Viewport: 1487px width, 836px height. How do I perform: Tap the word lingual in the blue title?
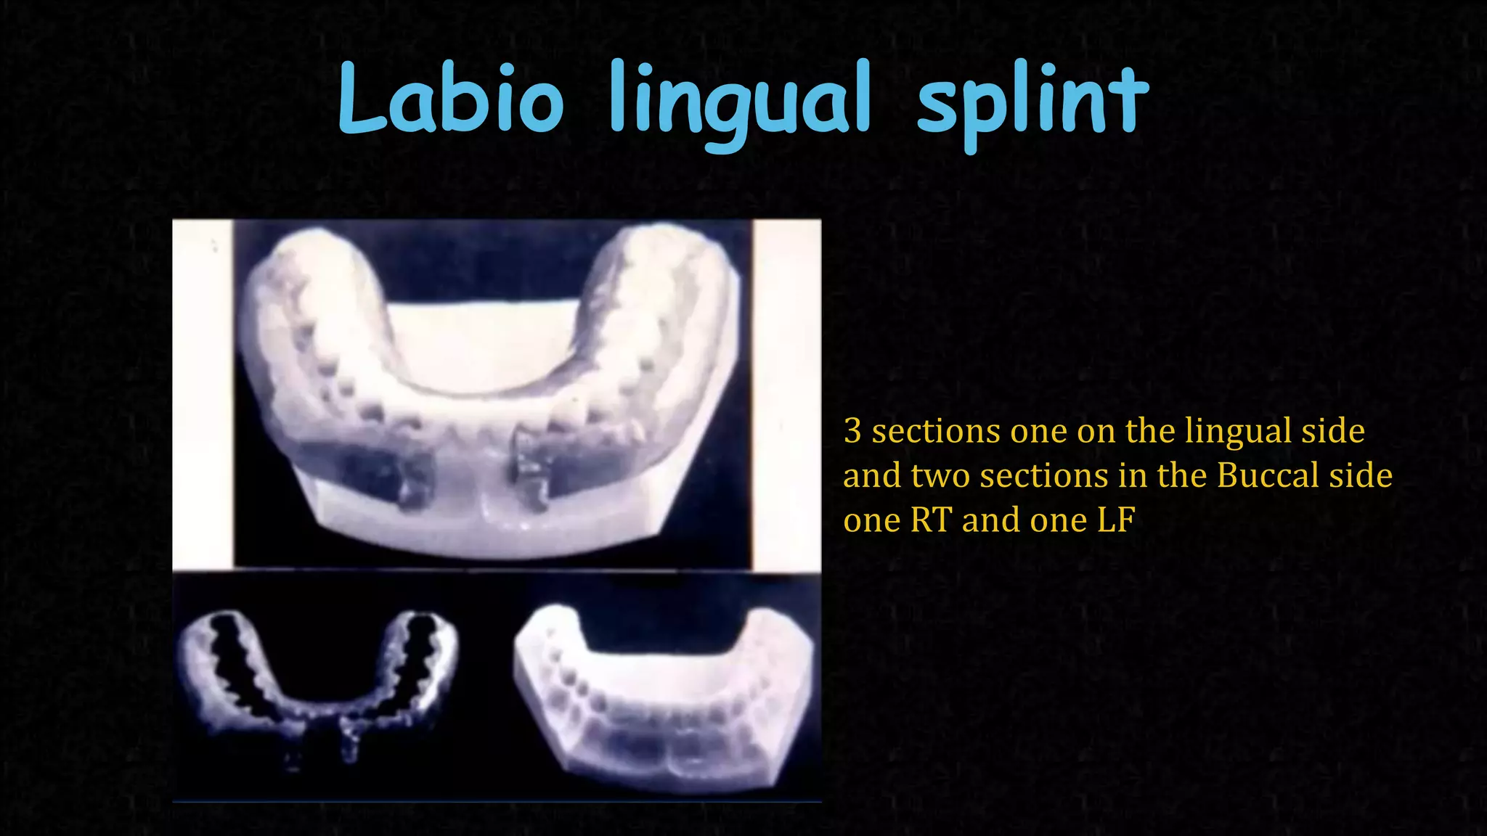click(739, 105)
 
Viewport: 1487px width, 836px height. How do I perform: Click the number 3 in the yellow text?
click(852, 431)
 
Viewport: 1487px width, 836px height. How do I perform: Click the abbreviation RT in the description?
click(930, 520)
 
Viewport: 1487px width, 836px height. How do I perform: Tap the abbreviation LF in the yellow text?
click(1116, 520)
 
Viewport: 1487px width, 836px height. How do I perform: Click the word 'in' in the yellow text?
click(1130, 476)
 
